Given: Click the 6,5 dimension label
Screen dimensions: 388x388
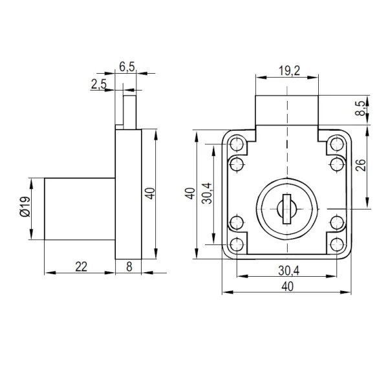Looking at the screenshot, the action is click(127, 67).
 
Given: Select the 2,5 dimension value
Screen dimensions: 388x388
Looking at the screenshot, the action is click(99, 84).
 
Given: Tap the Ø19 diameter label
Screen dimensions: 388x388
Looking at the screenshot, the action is click(25, 207).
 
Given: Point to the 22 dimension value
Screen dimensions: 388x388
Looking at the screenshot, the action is click(81, 266).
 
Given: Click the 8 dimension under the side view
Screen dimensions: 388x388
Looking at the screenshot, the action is click(129, 266).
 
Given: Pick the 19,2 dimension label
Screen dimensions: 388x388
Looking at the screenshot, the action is click(290, 70).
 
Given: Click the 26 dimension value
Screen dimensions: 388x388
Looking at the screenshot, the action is click(361, 165).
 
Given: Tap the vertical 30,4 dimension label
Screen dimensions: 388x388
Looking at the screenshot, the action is click(207, 193).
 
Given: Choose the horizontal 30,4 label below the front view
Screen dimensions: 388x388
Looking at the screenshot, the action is click(289, 271).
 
